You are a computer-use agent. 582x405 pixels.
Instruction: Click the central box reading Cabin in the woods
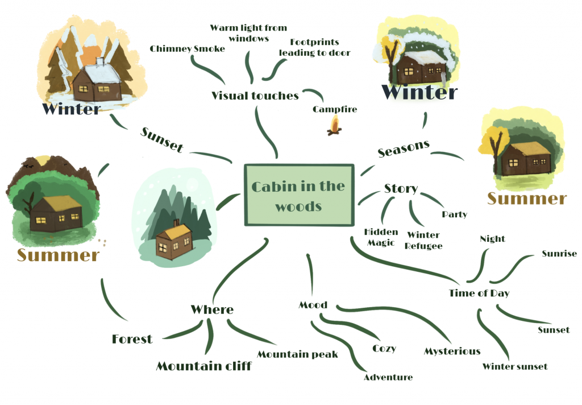pyautogui.click(x=298, y=195)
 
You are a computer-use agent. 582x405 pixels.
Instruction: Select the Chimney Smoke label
pyautogui.click(x=188, y=49)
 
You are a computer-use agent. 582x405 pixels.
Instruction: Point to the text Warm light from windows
pyautogui.click(x=248, y=33)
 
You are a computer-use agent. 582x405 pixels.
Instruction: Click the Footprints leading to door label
pyautogui.click(x=314, y=47)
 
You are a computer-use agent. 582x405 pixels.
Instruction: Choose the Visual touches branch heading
pyautogui.click(x=255, y=96)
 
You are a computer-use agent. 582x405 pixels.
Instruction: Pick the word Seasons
pyautogui.click(x=404, y=148)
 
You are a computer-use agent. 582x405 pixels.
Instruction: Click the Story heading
pyautogui.click(x=401, y=188)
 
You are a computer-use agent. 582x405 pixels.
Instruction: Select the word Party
pyautogui.click(x=454, y=214)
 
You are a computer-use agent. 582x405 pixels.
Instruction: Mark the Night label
pyautogui.click(x=492, y=239)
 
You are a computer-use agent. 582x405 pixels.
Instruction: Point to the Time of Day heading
pyautogui.click(x=479, y=294)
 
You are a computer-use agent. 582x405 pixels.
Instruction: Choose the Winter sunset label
pyautogui.click(x=515, y=366)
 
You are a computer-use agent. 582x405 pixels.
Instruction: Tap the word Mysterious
pyautogui.click(x=452, y=352)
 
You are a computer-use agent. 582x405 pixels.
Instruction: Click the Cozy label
pyautogui.click(x=384, y=348)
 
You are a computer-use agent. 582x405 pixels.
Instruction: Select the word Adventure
pyautogui.click(x=388, y=377)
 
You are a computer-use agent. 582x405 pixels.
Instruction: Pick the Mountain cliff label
pyautogui.click(x=203, y=366)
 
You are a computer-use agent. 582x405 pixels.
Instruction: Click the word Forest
pyautogui.click(x=132, y=340)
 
